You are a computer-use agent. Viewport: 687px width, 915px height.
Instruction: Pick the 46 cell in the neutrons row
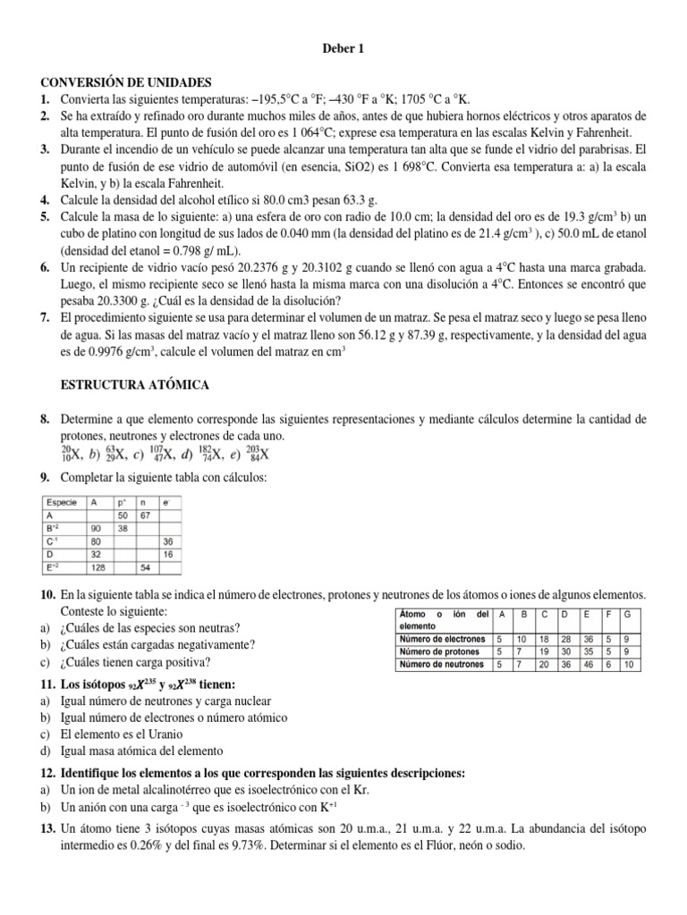(x=588, y=665)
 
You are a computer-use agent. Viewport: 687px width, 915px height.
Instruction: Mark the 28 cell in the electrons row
(x=566, y=640)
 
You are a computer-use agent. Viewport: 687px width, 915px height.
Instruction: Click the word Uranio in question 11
(x=162, y=734)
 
